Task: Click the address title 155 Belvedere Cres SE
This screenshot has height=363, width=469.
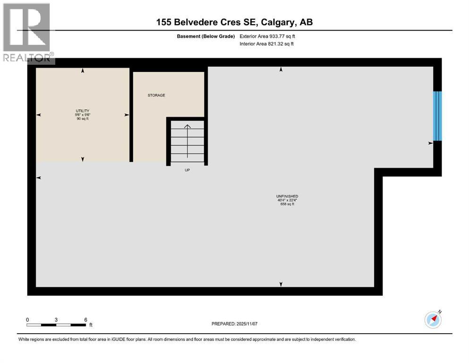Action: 235,22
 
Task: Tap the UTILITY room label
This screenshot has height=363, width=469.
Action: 83,111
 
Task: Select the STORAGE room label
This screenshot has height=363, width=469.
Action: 156,95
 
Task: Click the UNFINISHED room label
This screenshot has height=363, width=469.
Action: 287,196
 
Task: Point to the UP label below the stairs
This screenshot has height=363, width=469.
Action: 187,170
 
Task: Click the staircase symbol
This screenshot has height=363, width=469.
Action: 187,142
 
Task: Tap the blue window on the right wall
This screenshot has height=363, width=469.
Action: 437,116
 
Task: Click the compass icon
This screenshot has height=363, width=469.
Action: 433,320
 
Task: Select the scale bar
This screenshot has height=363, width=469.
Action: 56,325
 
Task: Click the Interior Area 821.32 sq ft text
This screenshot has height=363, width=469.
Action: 266,44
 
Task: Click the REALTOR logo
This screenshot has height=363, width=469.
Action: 27,33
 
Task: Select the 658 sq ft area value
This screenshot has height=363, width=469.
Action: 287,204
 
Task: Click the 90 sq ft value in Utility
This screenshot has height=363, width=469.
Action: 83,119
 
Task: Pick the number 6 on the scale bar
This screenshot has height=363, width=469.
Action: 85,320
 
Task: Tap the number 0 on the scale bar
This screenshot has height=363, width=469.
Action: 27,320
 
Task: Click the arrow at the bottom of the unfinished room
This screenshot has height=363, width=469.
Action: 281,284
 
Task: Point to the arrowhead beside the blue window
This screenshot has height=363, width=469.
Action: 430,143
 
